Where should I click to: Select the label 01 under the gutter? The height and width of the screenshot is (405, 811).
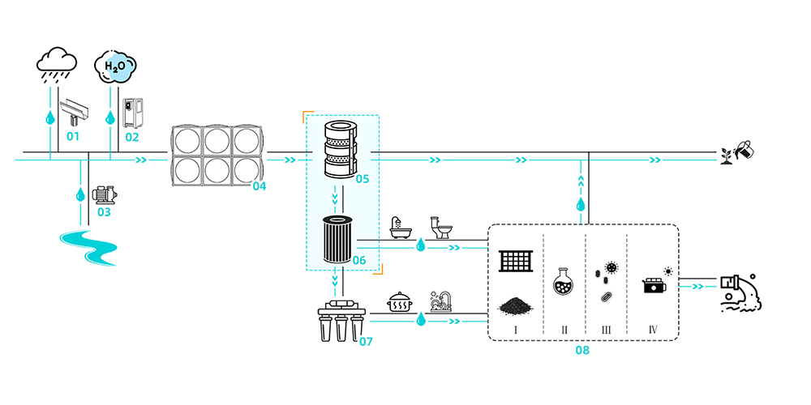73,137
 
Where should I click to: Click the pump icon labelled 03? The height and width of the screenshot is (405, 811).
104,195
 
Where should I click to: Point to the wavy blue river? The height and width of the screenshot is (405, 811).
88,248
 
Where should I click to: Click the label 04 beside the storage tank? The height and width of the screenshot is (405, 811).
260,186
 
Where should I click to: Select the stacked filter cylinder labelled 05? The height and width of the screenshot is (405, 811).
341,149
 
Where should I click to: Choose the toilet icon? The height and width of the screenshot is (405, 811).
440,228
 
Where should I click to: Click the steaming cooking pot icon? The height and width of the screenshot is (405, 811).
399,302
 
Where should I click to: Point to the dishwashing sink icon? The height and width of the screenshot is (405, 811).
440,301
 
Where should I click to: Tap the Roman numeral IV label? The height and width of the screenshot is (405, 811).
653,330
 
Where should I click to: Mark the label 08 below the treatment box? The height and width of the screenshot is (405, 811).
581,350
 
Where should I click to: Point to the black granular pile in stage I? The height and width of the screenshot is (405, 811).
515,306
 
